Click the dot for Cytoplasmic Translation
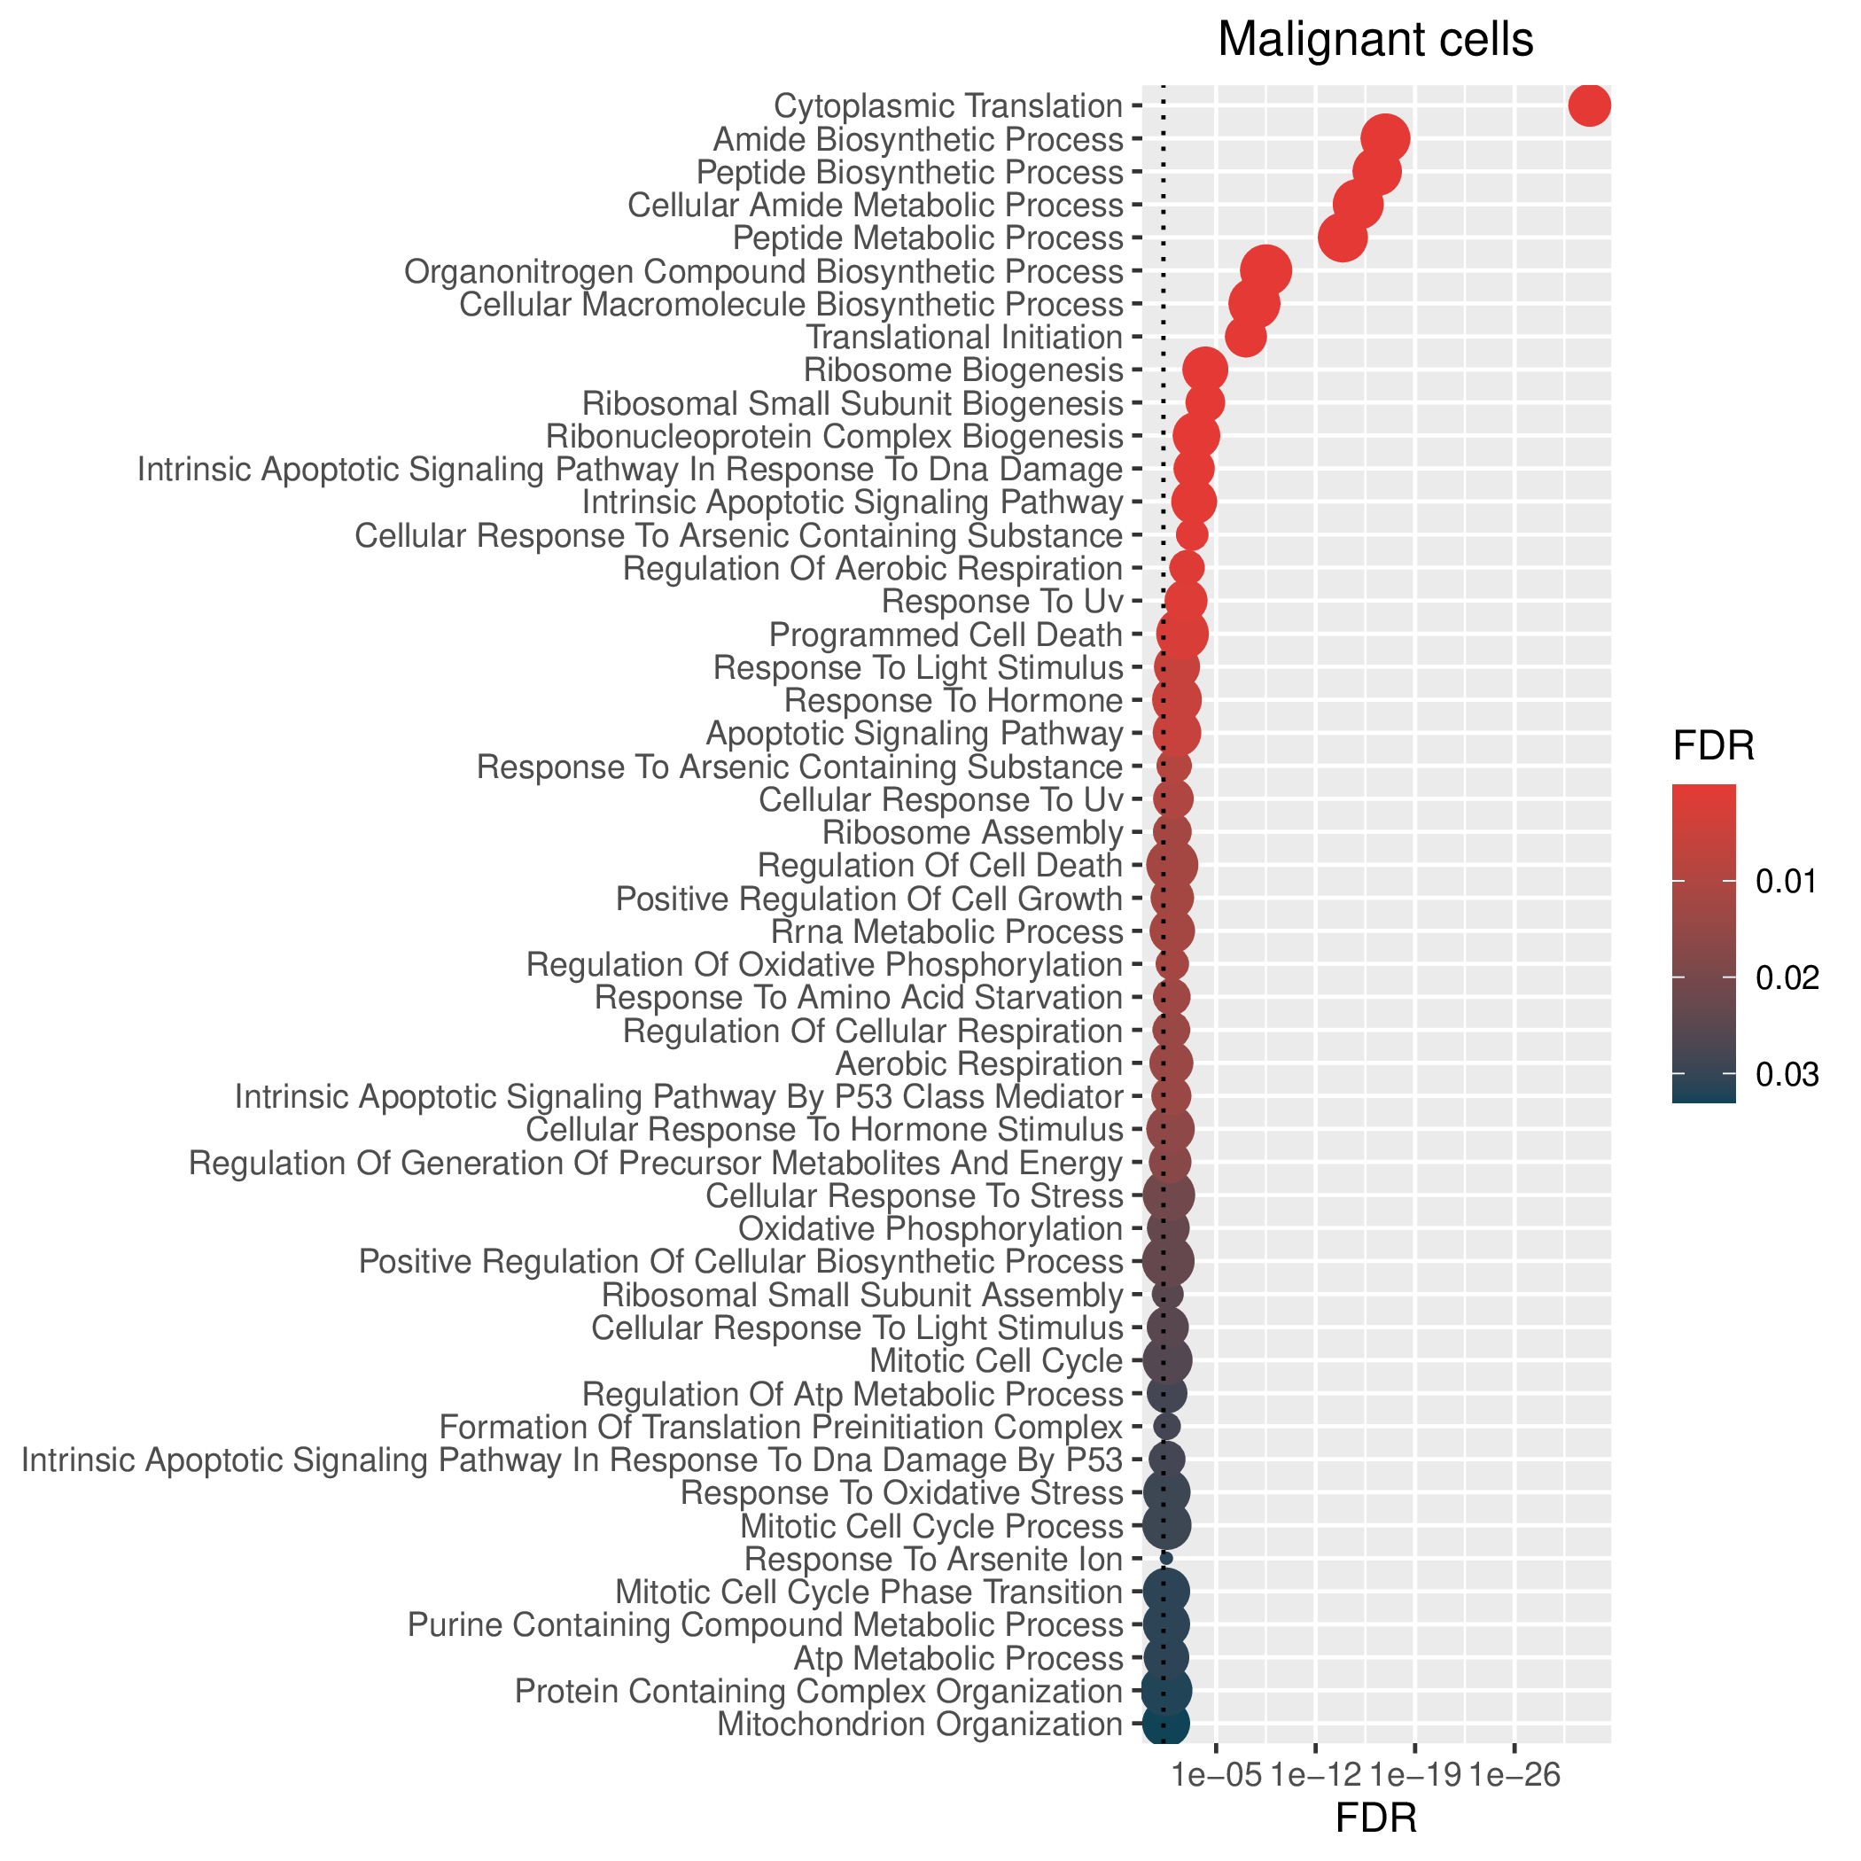1589,105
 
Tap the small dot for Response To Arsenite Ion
1166,1558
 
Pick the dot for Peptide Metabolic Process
1342,237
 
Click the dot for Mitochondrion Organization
1165,1724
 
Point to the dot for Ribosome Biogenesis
1204,370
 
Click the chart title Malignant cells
1375,41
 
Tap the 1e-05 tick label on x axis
1217,1774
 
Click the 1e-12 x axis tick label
1316,1774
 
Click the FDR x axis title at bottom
1375,1818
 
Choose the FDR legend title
1714,746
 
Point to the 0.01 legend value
1787,880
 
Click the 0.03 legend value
1787,1074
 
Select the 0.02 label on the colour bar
1787,977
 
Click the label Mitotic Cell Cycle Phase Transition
868,1592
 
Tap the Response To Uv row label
1003,602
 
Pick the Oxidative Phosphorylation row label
930,1229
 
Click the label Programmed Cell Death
946,635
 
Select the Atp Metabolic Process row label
959,1658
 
